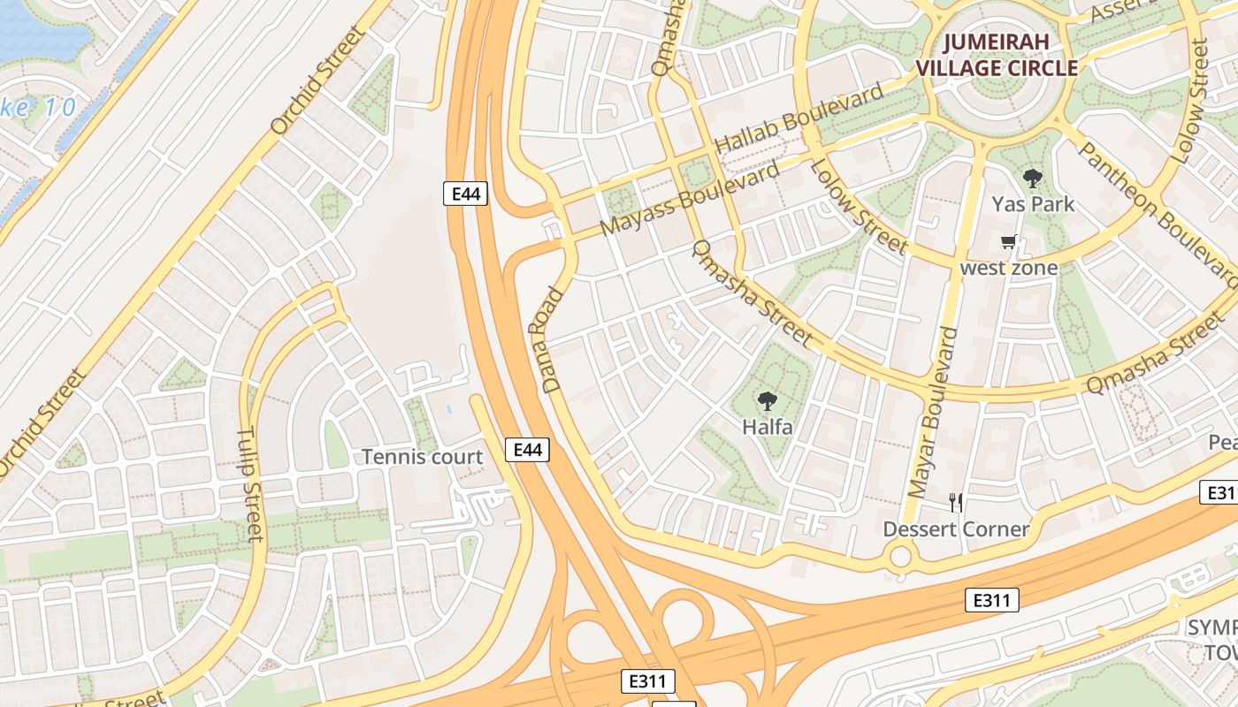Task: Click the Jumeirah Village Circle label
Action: click(997, 55)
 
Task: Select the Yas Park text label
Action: click(1032, 204)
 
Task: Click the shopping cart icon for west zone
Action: click(1008, 241)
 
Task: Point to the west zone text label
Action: click(1008, 267)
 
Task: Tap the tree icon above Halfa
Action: click(767, 402)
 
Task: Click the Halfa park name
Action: click(767, 428)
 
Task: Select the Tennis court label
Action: click(423, 457)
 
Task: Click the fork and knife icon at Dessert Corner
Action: click(955, 503)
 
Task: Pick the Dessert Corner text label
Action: click(956, 529)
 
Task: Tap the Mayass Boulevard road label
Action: click(690, 198)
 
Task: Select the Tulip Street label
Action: click(250, 484)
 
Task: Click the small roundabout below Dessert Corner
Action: click(900, 558)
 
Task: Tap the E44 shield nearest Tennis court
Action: click(527, 450)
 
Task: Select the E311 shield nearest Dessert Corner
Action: click(990, 601)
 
